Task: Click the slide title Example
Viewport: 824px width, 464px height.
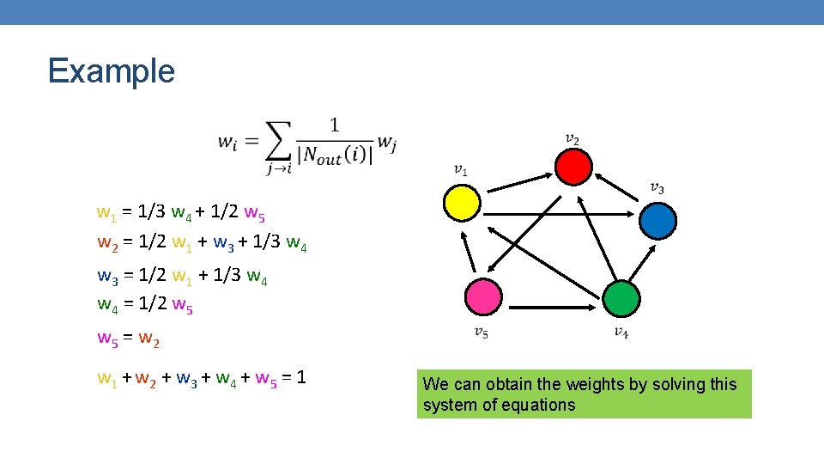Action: (x=112, y=70)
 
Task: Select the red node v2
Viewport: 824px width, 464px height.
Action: (x=573, y=165)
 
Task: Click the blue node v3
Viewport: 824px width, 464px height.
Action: (x=658, y=220)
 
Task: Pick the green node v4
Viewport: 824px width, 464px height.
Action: (x=621, y=298)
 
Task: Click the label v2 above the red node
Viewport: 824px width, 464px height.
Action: (x=572, y=138)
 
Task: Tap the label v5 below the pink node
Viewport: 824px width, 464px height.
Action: (x=482, y=333)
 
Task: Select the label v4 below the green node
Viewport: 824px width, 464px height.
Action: (x=621, y=333)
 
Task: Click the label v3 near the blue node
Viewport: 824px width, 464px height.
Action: (x=657, y=187)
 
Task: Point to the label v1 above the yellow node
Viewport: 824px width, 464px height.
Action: (x=461, y=169)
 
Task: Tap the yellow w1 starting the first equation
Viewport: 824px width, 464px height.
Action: (x=106, y=212)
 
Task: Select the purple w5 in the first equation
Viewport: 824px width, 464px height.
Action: (x=256, y=212)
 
